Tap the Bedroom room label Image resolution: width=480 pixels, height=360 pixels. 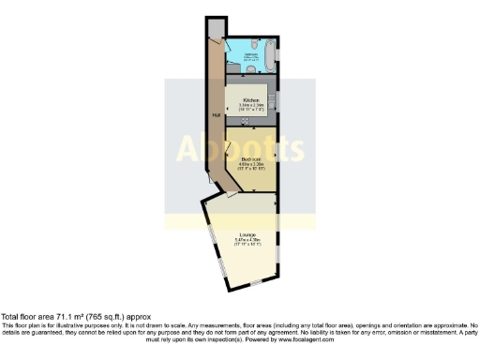click(x=249, y=160)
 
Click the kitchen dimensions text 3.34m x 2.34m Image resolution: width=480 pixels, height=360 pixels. click(x=250, y=104)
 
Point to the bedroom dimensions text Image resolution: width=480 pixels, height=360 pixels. click(x=249, y=167)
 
